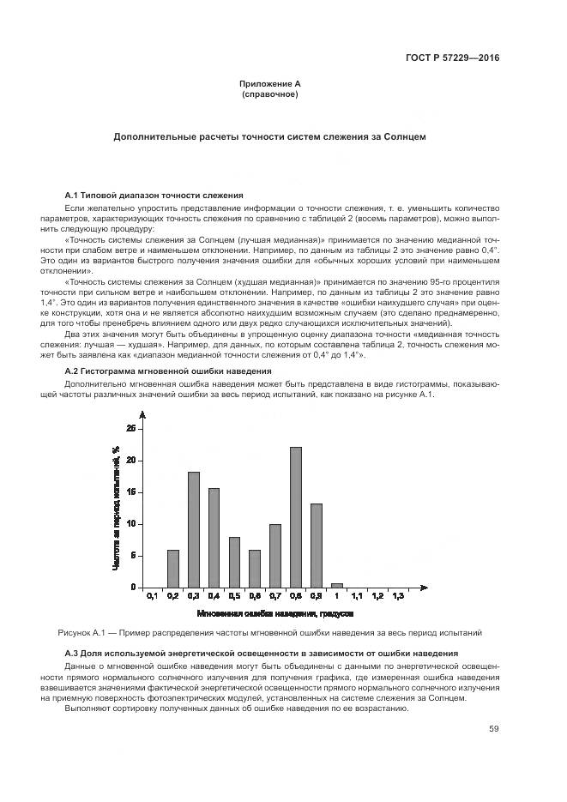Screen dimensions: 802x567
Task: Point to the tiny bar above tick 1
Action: [x=337, y=585]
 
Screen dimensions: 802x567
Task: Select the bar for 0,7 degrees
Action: [x=275, y=555]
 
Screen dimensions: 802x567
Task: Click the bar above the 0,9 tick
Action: [x=317, y=545]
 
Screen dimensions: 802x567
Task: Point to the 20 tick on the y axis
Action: [x=130, y=461]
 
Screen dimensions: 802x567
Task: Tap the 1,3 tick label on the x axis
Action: [x=398, y=596]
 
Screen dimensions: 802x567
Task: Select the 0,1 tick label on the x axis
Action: [x=152, y=596]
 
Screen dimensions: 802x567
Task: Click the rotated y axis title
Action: [x=115, y=508]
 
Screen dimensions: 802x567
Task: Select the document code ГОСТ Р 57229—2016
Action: [x=452, y=58]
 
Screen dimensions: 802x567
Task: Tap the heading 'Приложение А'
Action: [x=270, y=84]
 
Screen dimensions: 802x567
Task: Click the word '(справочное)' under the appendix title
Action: [x=270, y=94]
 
